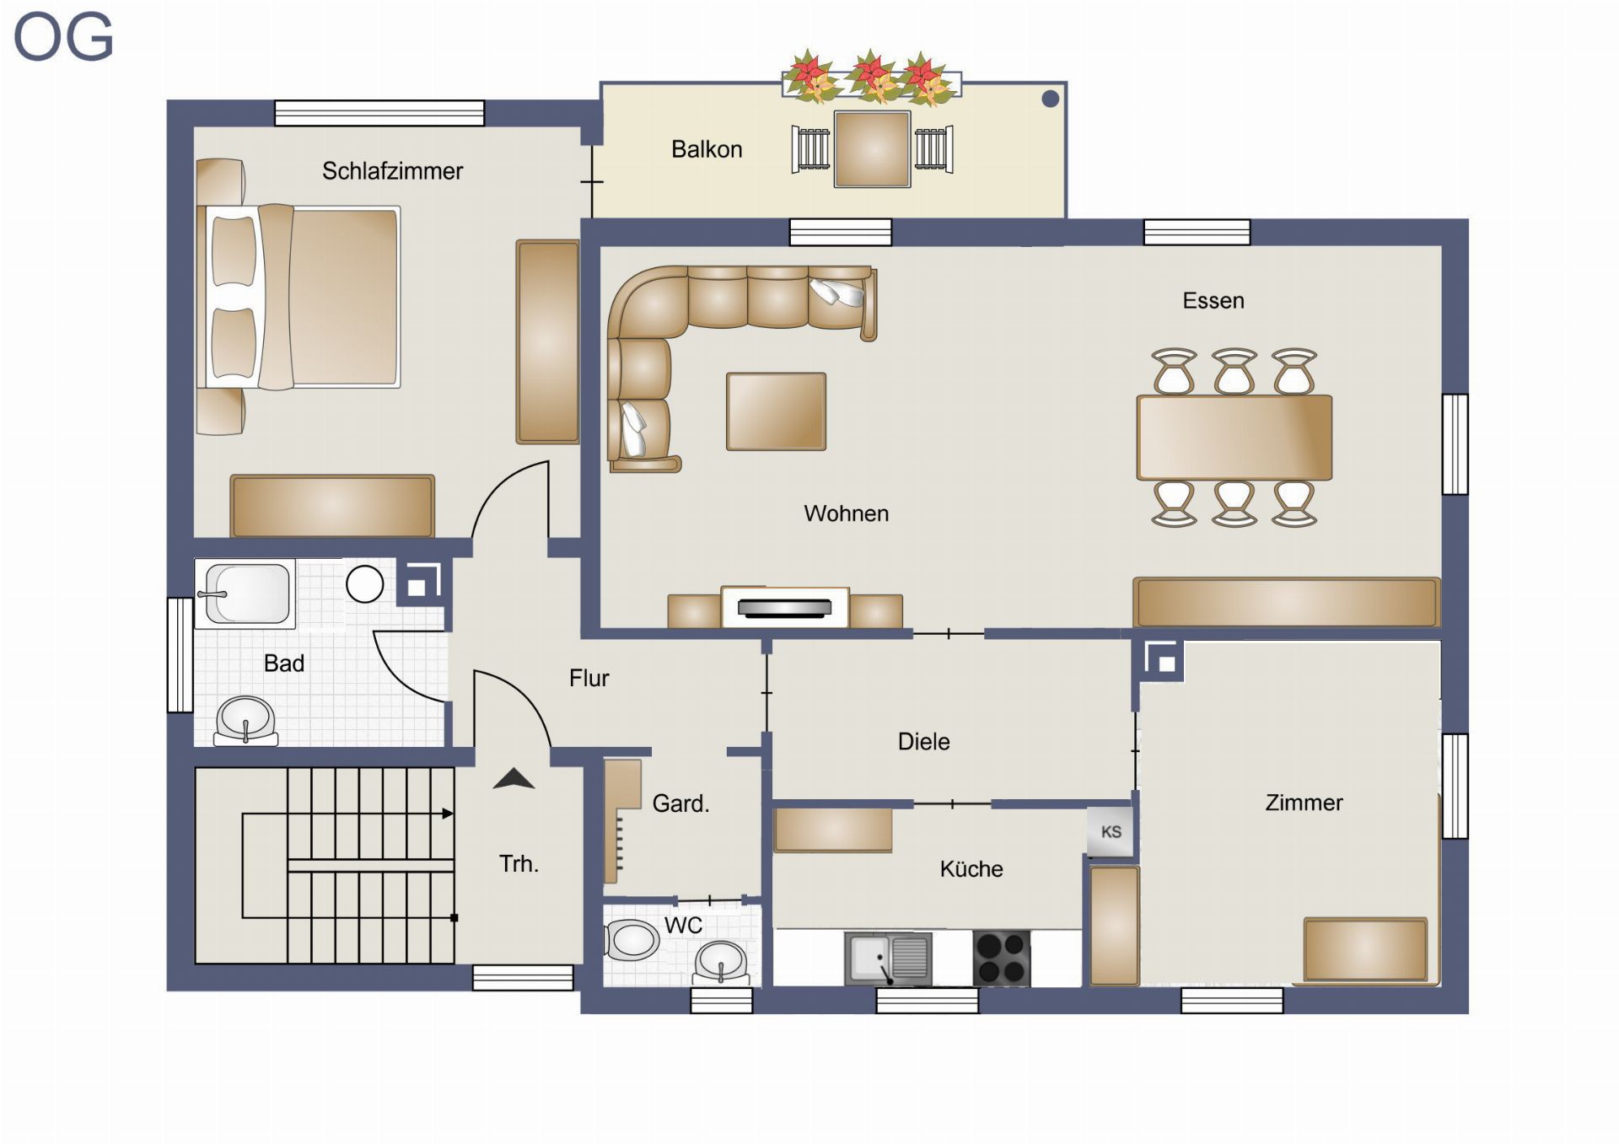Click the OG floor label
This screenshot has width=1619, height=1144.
(63, 38)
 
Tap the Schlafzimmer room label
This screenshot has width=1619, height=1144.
(392, 171)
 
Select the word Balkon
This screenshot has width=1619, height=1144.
(707, 149)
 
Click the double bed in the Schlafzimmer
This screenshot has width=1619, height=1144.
(299, 296)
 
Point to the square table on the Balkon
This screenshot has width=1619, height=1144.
(872, 149)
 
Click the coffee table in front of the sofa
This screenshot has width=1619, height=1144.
(776, 411)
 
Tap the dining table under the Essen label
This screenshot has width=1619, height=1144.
(1234, 438)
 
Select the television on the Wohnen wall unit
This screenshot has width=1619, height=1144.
(784, 607)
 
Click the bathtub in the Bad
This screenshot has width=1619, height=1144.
(245, 593)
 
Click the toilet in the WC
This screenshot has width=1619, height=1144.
(632, 940)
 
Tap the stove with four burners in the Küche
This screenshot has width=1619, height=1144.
(1001, 958)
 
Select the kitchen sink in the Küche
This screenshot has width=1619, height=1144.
(888, 959)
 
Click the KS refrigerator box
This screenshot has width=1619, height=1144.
(1111, 832)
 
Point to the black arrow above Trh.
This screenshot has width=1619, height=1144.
(514, 779)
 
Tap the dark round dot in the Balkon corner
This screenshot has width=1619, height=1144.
(1050, 99)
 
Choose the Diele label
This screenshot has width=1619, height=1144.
(923, 742)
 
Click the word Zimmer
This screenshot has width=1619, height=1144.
(1304, 803)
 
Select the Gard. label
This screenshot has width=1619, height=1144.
(680, 803)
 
